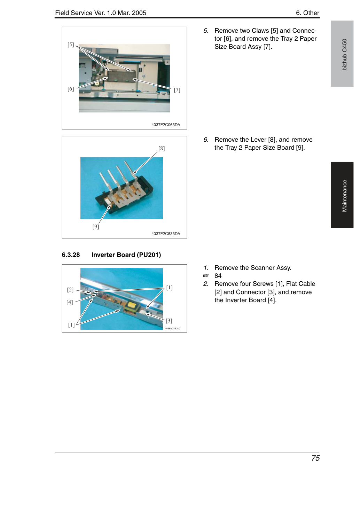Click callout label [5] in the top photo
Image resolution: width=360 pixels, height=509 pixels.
71,45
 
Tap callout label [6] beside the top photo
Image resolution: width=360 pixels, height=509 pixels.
71,89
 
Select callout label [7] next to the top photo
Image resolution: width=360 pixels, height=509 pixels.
177,90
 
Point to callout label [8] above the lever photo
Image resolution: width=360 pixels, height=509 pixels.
162,148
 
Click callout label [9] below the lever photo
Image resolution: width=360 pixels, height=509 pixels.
96,227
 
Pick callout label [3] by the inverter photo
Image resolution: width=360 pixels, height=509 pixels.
169,321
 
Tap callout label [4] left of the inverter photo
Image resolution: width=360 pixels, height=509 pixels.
70,302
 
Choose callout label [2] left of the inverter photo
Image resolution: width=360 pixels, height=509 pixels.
70,290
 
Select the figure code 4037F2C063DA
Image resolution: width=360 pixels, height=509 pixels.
166,125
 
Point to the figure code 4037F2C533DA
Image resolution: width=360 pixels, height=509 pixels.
166,234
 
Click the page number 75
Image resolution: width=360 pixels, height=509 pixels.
315,458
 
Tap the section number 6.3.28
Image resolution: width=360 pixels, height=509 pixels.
71,255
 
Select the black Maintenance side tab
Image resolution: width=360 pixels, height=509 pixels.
342,195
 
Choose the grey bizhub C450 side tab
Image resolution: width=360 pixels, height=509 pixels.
342,54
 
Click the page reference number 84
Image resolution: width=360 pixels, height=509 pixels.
218,276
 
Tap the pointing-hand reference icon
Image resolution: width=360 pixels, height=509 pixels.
206,276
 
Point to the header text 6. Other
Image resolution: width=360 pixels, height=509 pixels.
307,13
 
